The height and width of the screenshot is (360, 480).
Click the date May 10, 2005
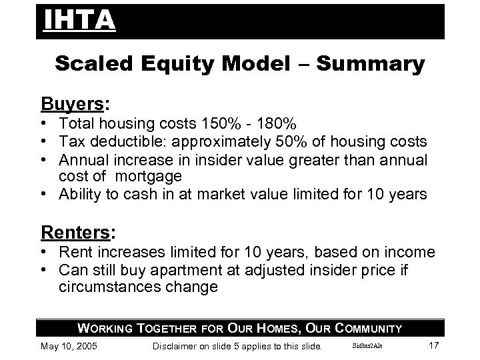pos(69,346)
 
